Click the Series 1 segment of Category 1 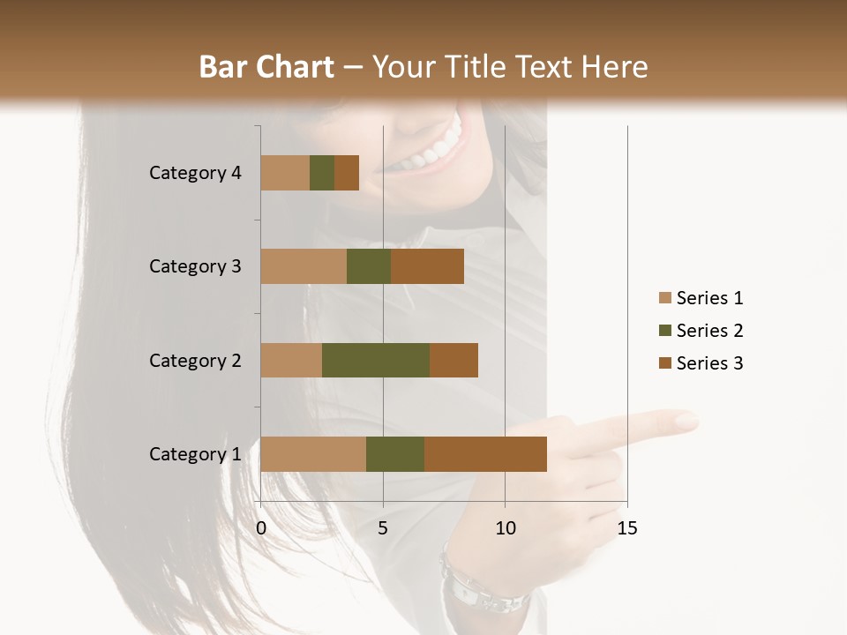[313, 454]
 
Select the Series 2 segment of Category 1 [395, 454]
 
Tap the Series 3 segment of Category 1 [485, 454]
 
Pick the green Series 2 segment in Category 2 [376, 360]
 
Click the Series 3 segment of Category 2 [453, 360]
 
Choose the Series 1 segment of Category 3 [304, 266]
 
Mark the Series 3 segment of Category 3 [427, 266]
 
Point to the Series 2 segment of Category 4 [322, 173]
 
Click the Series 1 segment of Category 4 [285, 173]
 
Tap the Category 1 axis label [194, 454]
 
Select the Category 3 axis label [194, 266]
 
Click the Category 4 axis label [194, 173]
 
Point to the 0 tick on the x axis [261, 528]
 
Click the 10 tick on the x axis [505, 528]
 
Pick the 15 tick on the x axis [626, 528]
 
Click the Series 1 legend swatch [665, 298]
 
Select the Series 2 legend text [709, 331]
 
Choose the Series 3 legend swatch [665, 363]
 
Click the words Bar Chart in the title [266, 67]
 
